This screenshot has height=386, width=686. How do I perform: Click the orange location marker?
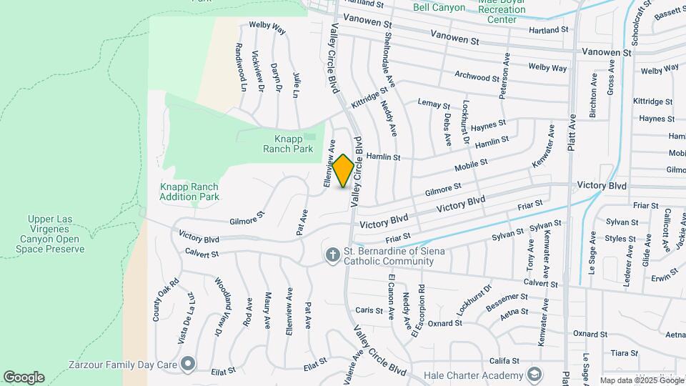click(343, 171)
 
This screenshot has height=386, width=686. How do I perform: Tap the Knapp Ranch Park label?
click(293, 144)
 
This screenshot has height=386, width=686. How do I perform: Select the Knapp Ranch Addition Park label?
click(189, 192)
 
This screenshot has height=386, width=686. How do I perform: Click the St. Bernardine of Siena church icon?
click(332, 255)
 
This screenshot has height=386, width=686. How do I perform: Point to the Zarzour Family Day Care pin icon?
click(188, 365)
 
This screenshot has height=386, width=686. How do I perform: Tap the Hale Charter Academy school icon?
click(534, 375)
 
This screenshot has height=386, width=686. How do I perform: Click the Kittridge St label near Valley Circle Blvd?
click(369, 98)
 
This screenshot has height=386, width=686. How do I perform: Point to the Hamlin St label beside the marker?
click(383, 157)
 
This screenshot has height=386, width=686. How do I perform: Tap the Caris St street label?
click(369, 310)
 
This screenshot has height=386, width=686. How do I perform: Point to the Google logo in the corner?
click(24, 377)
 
